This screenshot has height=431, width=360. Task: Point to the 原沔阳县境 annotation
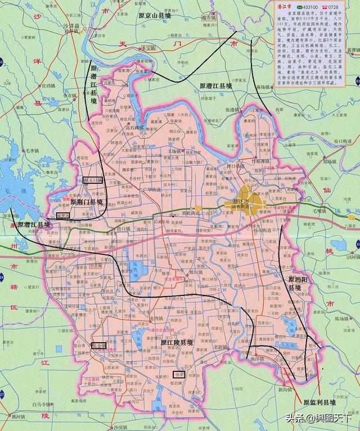(295, 284)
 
